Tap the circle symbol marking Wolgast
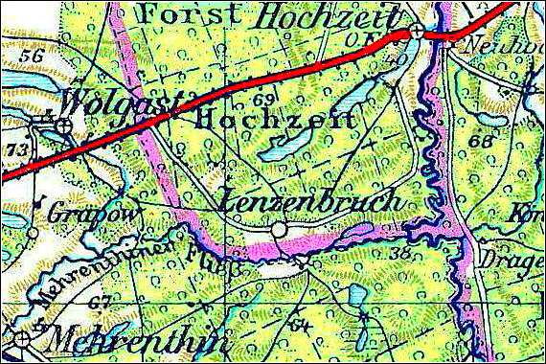(x=64, y=125)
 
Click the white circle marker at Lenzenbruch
(x=279, y=230)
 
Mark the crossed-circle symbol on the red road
(x=417, y=32)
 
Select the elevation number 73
(x=15, y=150)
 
